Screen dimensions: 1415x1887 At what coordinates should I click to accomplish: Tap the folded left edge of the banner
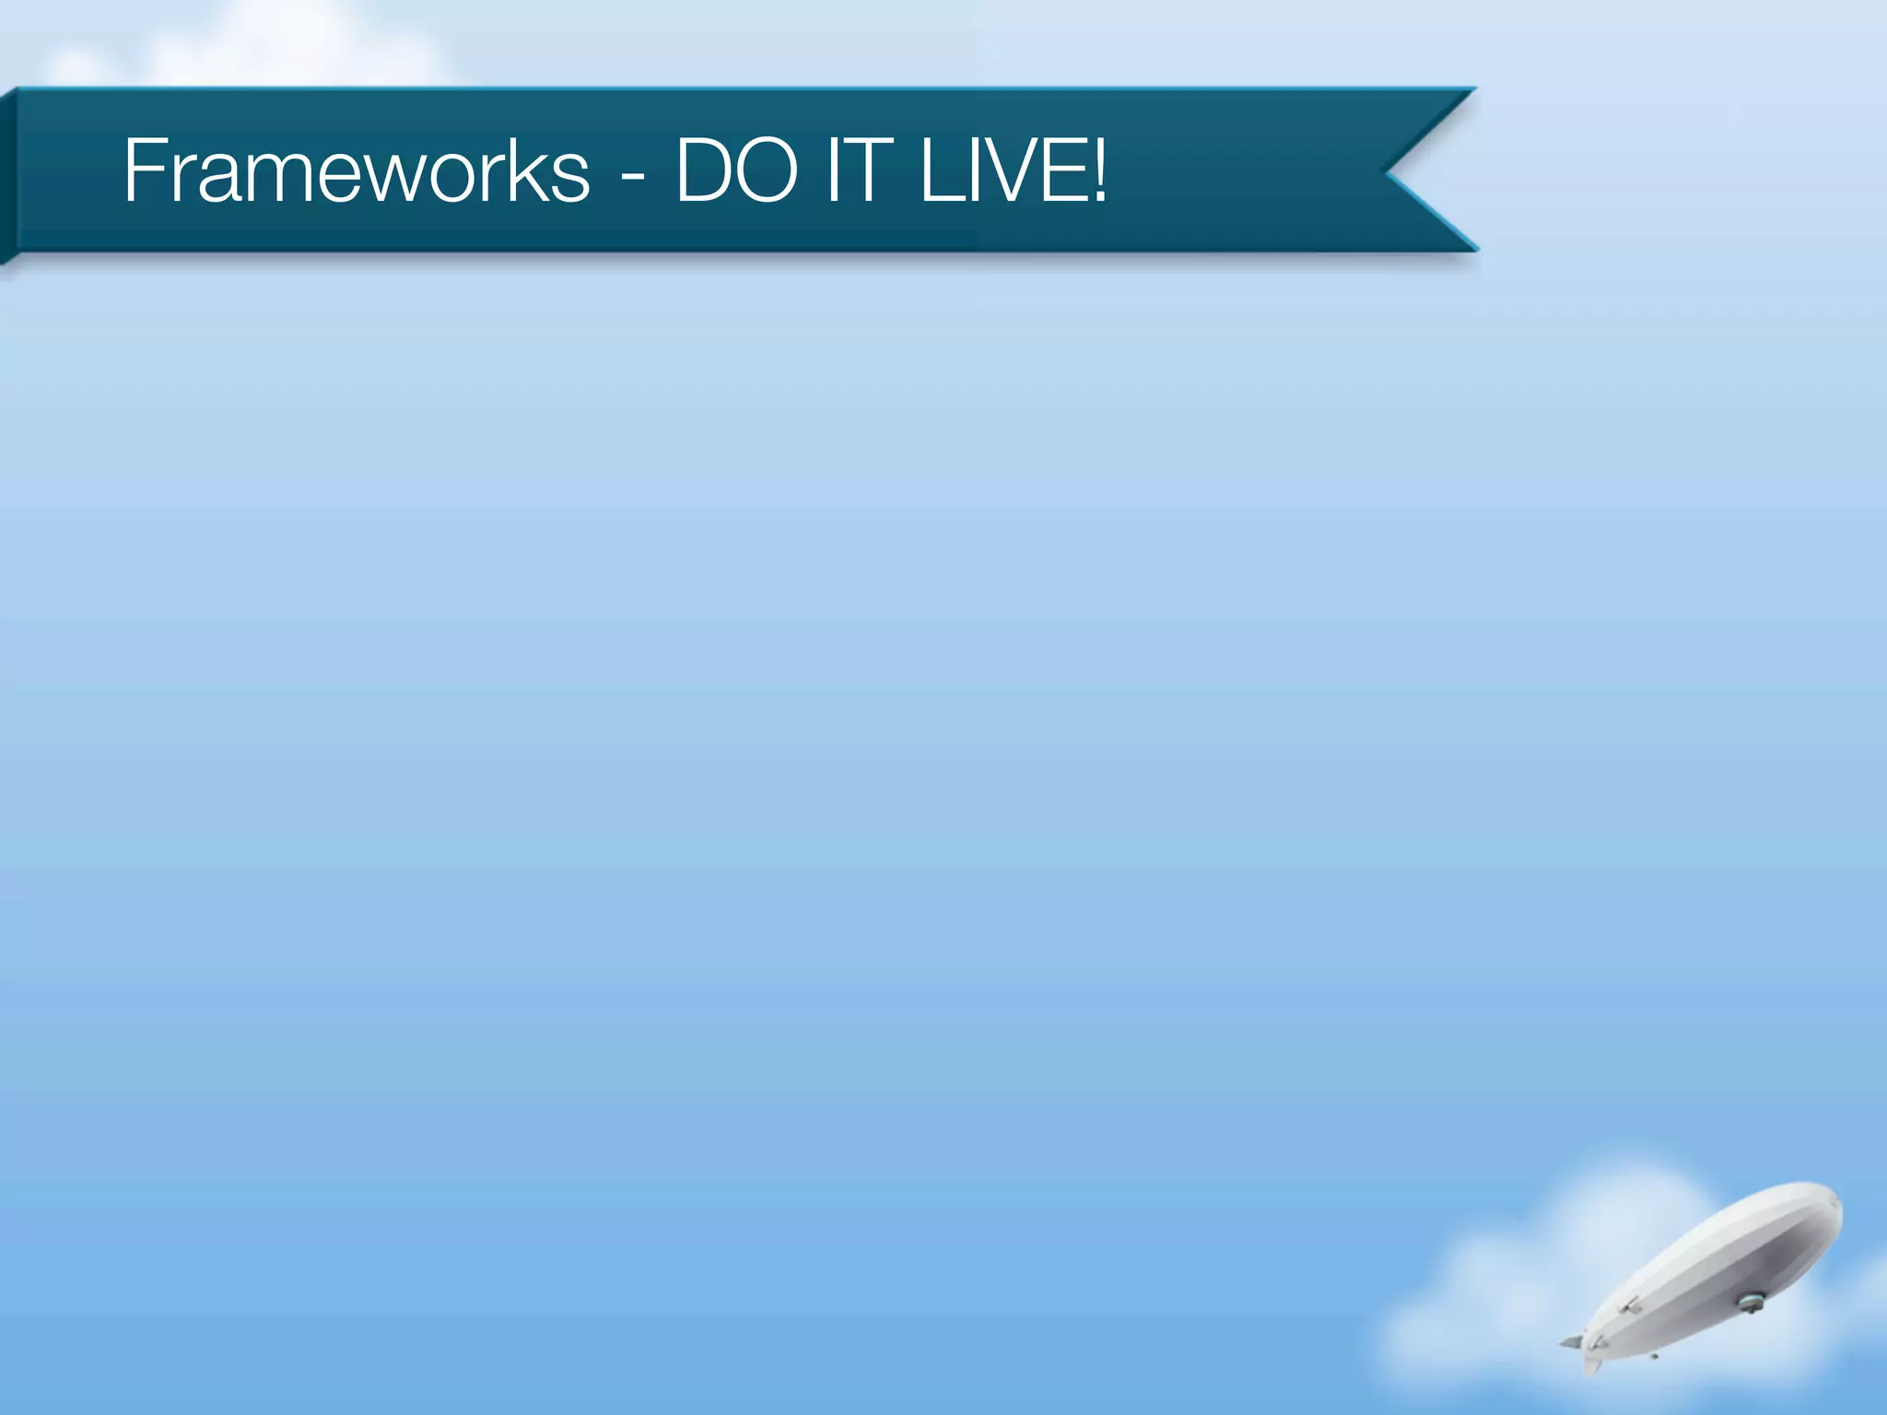[x=8, y=175]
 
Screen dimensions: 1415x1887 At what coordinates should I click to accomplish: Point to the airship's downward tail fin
[x=1591, y=1362]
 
